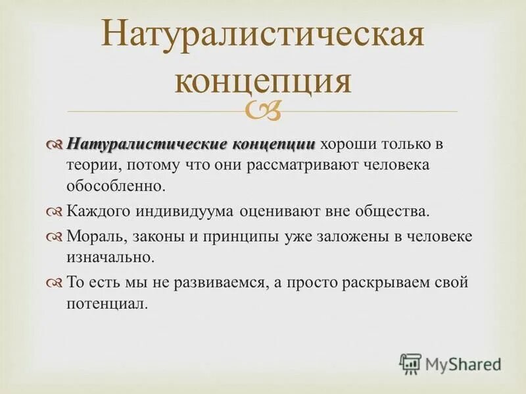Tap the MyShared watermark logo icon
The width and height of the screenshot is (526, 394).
pyautogui.click(x=410, y=363)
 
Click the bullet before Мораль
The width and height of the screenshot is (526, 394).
pyautogui.click(x=55, y=237)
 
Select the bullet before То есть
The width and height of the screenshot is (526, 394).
pyautogui.click(x=55, y=284)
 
